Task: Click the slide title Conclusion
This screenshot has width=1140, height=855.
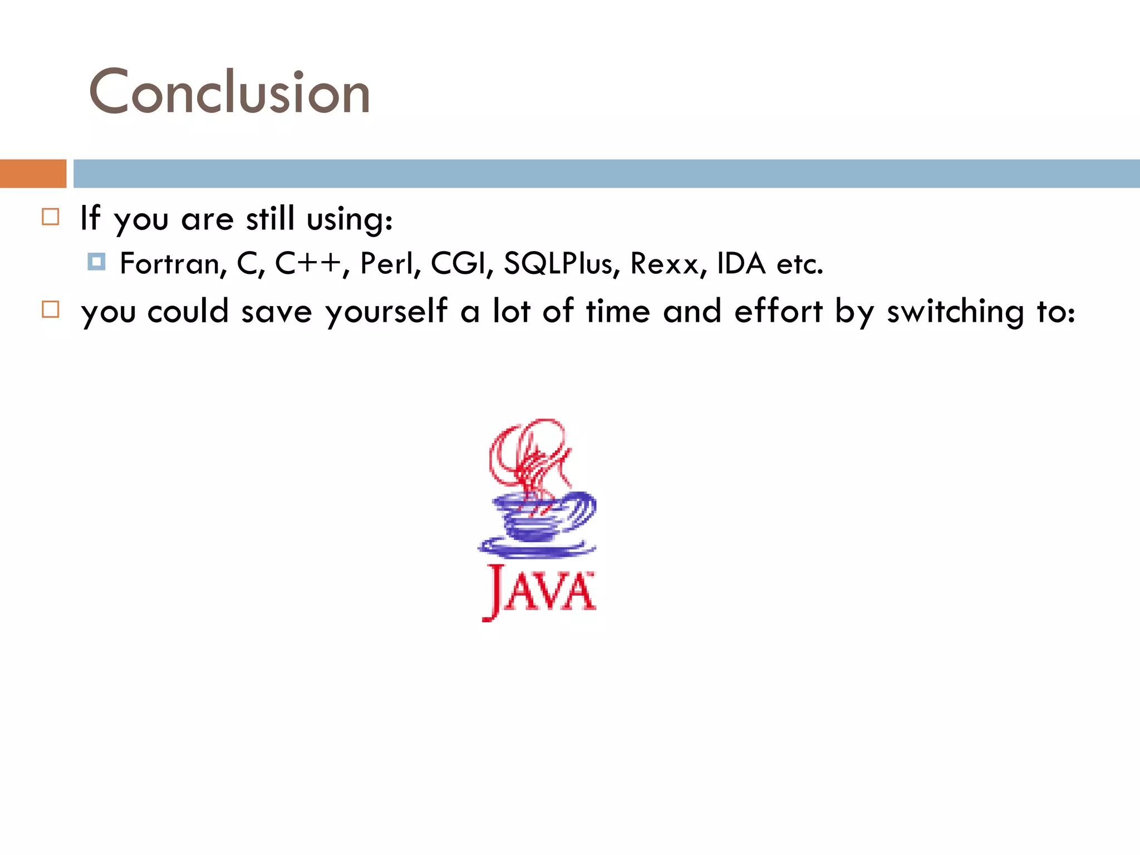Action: coord(229,92)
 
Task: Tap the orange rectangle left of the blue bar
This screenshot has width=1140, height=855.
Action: coord(33,174)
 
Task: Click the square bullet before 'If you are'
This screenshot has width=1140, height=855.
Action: coord(51,217)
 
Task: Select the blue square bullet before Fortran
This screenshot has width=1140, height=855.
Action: coord(96,262)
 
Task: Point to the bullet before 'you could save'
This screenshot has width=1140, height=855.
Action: coord(51,309)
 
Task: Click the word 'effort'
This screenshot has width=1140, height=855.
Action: coord(778,311)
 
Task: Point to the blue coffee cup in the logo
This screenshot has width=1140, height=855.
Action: coord(543,518)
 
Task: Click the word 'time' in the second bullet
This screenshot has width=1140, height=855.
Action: coord(618,311)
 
